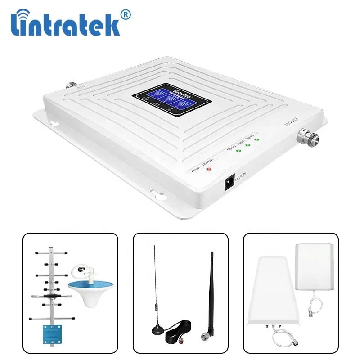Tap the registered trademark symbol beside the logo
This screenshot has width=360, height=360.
(126, 15)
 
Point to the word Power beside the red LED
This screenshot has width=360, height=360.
(195, 171)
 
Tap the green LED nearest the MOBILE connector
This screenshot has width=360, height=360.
(256, 139)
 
